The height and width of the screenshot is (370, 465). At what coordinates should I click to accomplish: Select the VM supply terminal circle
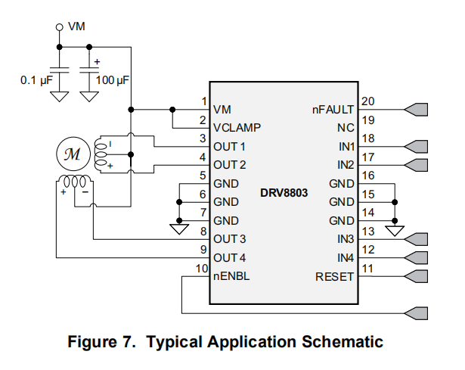tap(60, 27)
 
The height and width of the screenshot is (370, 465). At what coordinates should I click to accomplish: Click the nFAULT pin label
tap(333, 109)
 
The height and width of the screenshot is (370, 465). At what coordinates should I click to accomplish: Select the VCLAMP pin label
tap(237, 128)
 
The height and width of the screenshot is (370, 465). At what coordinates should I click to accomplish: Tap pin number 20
tap(368, 101)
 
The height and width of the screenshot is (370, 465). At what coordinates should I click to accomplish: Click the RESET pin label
tap(334, 276)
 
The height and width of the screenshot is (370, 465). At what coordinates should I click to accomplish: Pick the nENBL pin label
tap(231, 276)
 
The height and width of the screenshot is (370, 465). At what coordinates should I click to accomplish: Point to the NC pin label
tap(346, 128)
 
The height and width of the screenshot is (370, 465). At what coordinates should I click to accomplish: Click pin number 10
tap(202, 269)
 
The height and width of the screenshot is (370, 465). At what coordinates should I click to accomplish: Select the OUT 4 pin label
tap(230, 257)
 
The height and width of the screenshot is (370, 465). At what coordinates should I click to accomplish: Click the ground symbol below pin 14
tap(395, 225)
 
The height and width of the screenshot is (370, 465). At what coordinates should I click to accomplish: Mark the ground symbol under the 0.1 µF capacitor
tap(60, 96)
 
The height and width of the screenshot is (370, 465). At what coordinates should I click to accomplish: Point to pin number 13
tap(368, 232)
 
